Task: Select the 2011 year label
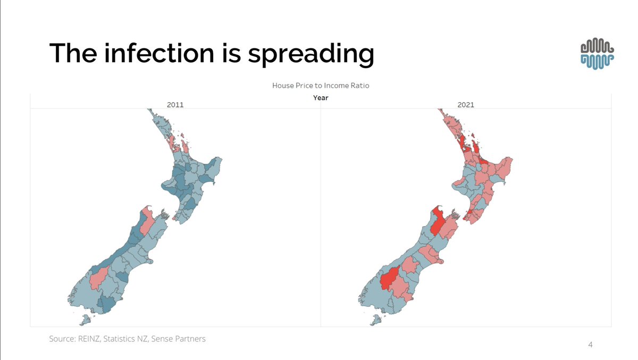click(x=175, y=105)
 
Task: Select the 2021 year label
click(x=466, y=105)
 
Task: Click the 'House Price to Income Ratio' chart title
click(x=321, y=85)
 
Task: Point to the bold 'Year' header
click(x=321, y=97)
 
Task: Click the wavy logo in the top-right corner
click(x=598, y=54)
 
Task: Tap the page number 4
click(x=590, y=345)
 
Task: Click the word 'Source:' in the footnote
click(x=63, y=338)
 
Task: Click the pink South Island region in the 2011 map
click(x=99, y=278)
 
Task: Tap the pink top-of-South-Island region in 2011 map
click(x=148, y=222)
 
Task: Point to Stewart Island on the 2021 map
click(x=375, y=320)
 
